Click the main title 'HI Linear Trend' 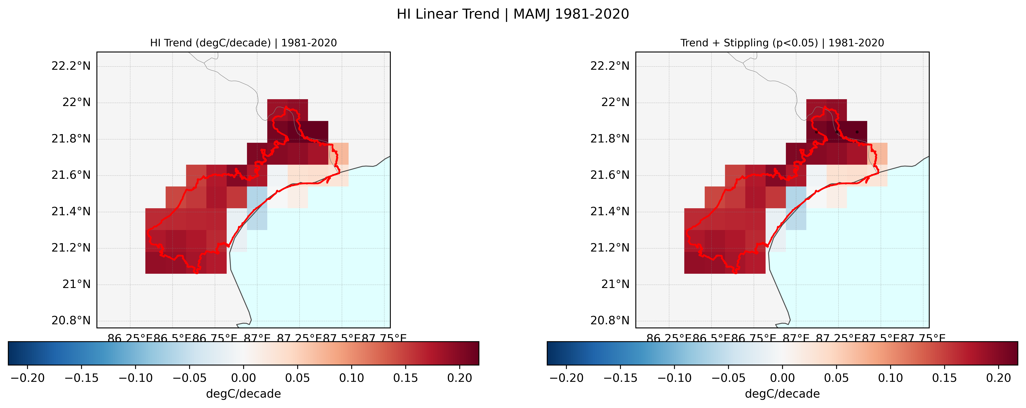tap(448, 14)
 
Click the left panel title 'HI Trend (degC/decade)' tap(210, 43)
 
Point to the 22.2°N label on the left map tap(71, 66)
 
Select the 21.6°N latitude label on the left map tap(71, 175)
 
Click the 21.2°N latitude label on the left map tap(71, 248)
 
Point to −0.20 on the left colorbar tap(27, 378)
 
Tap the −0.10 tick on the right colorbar tap(674, 378)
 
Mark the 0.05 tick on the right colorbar tap(836, 378)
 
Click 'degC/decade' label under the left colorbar tap(243, 394)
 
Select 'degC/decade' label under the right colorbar tap(782, 394)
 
